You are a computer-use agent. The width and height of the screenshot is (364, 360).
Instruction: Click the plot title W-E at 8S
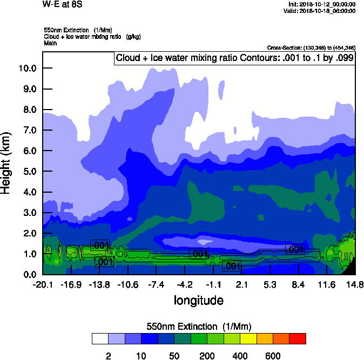64,4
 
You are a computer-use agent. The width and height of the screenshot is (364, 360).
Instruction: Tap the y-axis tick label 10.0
26,68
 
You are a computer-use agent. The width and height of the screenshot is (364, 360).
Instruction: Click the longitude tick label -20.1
42,284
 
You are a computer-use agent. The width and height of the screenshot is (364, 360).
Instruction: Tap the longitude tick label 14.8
355,284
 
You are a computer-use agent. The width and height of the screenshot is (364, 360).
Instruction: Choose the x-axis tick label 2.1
241,284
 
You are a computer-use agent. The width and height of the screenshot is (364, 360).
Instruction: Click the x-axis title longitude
198,300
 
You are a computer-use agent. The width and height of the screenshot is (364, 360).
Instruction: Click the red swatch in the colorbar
298,338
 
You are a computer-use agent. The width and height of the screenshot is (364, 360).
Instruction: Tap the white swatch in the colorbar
100,338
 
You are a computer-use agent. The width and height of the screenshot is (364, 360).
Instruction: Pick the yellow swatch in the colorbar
248,338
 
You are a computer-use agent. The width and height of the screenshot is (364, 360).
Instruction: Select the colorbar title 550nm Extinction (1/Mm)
199,327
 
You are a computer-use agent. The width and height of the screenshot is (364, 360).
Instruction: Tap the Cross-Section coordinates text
311,48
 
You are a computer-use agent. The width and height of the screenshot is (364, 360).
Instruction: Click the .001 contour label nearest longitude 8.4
295,249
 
